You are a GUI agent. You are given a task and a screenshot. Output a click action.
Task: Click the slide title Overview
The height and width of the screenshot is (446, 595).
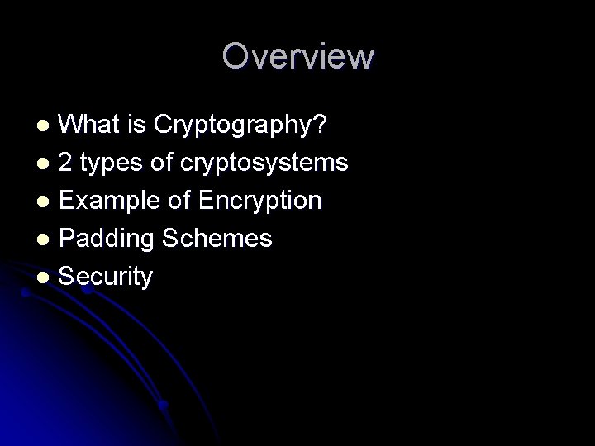coord(297,56)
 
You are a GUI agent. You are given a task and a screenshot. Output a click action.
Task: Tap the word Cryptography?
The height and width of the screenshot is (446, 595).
coord(240,126)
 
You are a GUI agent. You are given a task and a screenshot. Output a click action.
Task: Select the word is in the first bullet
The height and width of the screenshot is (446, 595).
coord(136,125)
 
